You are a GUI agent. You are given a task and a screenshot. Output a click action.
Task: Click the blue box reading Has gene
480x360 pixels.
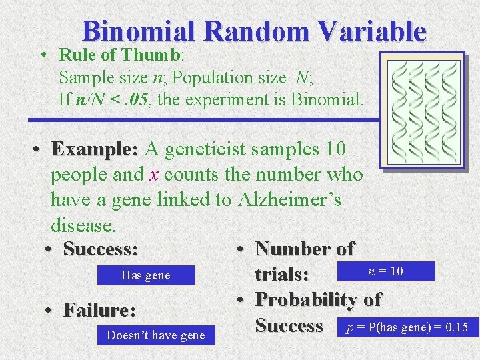[146, 275]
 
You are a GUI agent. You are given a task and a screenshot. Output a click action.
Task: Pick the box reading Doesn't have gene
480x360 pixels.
[156, 335]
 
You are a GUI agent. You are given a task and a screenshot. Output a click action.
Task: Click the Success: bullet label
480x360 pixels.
[101, 249]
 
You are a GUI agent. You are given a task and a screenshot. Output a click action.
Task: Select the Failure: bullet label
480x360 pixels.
[99, 310]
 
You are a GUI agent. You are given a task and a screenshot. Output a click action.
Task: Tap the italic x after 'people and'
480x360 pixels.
[153, 175]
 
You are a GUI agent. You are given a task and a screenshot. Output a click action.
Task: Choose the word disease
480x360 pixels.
[83, 225]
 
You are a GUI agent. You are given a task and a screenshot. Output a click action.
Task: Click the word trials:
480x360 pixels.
[281, 275]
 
